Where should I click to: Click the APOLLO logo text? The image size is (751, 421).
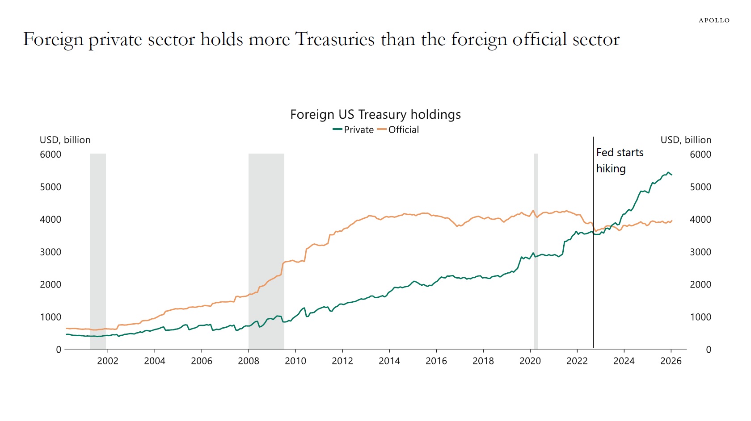pos(714,21)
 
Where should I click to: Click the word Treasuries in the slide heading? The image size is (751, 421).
pos(334,39)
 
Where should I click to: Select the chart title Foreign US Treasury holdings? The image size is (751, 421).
pos(375,115)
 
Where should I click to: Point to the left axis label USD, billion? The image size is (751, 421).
pos(65,140)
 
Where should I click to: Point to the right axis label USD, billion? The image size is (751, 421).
pos(686,140)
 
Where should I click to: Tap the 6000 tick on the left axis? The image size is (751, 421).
pos(51,154)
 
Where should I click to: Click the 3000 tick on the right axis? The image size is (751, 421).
pos(700,252)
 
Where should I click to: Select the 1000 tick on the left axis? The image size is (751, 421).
pos(51,317)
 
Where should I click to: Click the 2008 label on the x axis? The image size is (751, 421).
pos(249,361)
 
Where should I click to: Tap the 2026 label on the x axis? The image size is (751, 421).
pos(671,361)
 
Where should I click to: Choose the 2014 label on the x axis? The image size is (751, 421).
pos(389,361)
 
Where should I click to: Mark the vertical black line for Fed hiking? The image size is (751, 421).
pos(593,268)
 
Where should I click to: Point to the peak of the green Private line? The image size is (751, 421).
pos(668,172)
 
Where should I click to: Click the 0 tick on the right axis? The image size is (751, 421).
pos(708,350)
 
